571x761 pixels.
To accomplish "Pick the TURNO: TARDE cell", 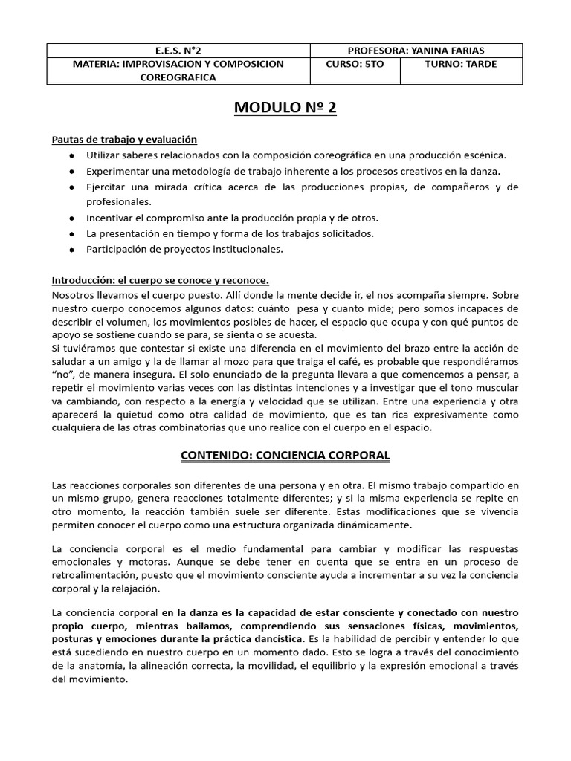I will click(461, 64).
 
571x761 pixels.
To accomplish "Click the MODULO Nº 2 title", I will click(285, 109).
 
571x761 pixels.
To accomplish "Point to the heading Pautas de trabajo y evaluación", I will click(124, 139).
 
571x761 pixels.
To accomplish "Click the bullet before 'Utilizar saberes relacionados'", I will click(70, 155).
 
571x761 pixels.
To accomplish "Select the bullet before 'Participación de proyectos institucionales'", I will click(70, 250).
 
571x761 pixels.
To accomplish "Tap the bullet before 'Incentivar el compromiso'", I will click(70, 218).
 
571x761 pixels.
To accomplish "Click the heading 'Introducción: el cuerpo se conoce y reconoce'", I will click(160, 280).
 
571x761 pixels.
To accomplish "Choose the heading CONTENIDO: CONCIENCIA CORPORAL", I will click(285, 454).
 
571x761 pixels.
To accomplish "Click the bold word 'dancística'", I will click(277, 638).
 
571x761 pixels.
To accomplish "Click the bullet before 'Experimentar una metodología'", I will click(70, 171).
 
